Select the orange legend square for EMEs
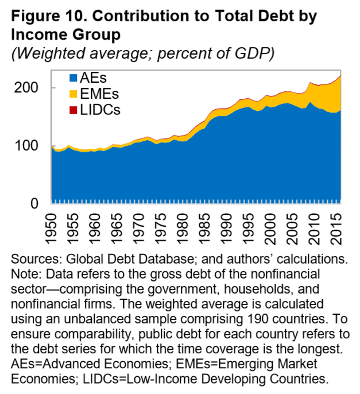(72, 94)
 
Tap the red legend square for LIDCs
(72, 110)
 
